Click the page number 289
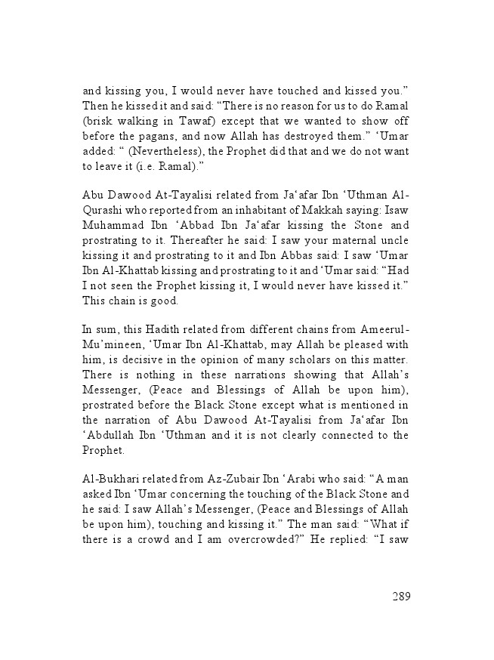pos(401,597)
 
